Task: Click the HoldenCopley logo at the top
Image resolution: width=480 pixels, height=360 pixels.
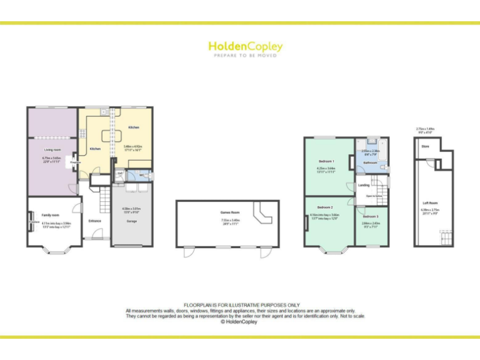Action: [x=245, y=46]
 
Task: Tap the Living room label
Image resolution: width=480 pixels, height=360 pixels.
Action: [x=52, y=150]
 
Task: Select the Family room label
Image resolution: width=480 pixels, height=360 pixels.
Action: [x=50, y=215]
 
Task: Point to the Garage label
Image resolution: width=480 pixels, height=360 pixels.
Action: [x=131, y=221]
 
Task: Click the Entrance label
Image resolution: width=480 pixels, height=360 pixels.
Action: [x=95, y=221]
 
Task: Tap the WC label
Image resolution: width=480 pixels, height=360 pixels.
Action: [x=142, y=175]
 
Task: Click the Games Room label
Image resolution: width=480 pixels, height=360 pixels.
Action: [x=230, y=212]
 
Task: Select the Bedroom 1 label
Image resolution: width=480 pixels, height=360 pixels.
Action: [x=326, y=161]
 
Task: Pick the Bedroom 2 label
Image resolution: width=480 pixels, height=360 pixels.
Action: [x=324, y=207]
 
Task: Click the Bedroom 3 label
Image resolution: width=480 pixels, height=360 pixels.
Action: [x=371, y=216]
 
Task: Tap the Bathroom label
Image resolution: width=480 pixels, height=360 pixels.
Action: [x=371, y=162]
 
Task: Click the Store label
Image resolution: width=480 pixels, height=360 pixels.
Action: [x=425, y=146]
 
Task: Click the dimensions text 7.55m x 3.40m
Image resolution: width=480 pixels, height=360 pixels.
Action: [x=230, y=220]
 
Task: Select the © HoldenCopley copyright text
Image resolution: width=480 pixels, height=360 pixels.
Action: [x=240, y=322]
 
